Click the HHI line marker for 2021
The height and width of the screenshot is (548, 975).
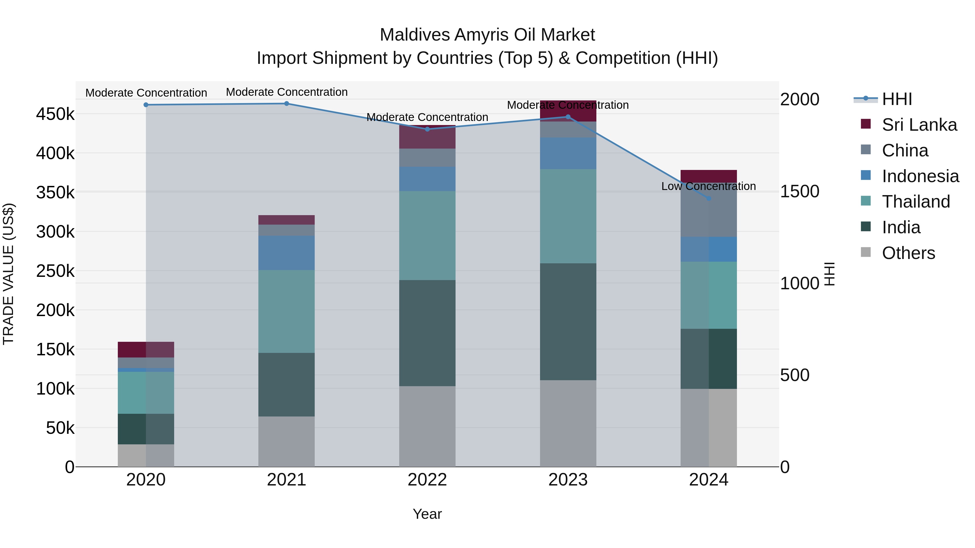coord(287,104)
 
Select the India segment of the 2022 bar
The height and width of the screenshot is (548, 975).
coord(427,333)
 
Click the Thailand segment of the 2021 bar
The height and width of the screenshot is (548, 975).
coord(287,311)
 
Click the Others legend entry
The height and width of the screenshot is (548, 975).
coord(908,253)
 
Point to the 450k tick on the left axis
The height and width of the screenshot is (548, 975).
coord(55,114)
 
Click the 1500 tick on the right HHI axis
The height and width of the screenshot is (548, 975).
coord(799,191)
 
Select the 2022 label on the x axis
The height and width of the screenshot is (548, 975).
coord(427,480)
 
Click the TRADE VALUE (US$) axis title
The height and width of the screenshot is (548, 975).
coord(8,274)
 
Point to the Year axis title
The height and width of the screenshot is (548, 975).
coord(427,514)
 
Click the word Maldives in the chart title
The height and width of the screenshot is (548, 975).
coord(415,35)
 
